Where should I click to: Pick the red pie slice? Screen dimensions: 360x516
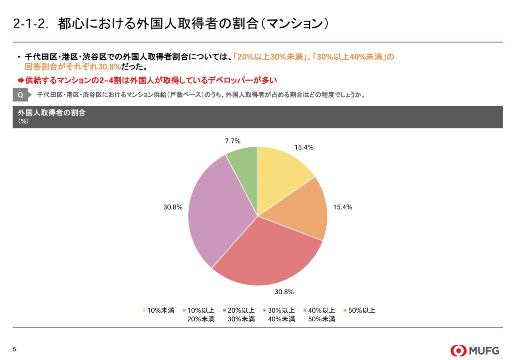(x=267, y=253)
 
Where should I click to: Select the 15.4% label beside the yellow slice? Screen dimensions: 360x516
(x=304, y=147)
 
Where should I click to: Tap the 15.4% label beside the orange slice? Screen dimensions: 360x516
(x=343, y=207)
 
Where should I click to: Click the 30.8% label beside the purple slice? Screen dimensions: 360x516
(x=173, y=207)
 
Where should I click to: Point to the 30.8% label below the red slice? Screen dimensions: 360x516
(x=284, y=292)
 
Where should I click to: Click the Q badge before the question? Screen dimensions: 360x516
(x=20, y=95)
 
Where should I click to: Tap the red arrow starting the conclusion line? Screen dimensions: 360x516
(x=20, y=80)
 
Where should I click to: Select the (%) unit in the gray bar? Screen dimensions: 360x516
(x=23, y=122)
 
